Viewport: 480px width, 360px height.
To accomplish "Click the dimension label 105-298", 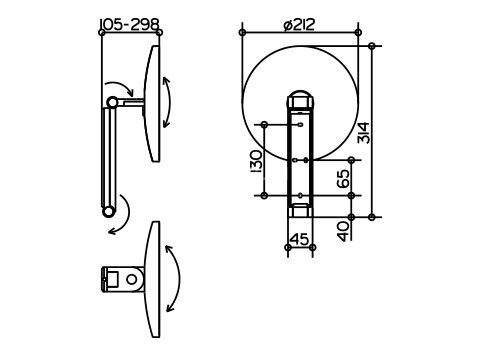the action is click(x=130, y=24).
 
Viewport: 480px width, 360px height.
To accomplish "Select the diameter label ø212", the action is click(x=299, y=25).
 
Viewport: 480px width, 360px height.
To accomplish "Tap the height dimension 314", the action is click(x=363, y=133).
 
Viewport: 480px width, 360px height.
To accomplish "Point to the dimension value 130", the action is click(x=256, y=161).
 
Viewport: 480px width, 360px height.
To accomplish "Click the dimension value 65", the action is click(x=343, y=178).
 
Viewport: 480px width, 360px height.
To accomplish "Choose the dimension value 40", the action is click(x=344, y=231).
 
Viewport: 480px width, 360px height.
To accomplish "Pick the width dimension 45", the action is click(x=300, y=239).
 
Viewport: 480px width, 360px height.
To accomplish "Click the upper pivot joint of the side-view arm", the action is click(x=112, y=102).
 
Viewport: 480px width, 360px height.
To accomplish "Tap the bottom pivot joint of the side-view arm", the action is click(x=108, y=212).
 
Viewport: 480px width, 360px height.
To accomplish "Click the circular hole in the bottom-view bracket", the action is click(x=132, y=279).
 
